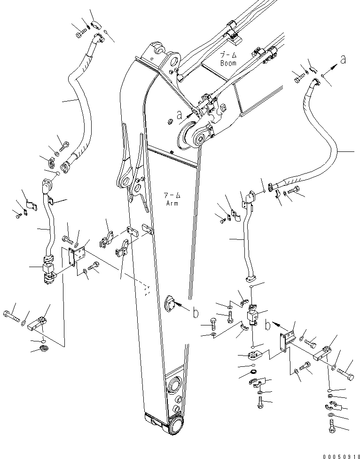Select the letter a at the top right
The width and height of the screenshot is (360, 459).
coord(343,60)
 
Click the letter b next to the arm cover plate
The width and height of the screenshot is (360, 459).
coord(196,313)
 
